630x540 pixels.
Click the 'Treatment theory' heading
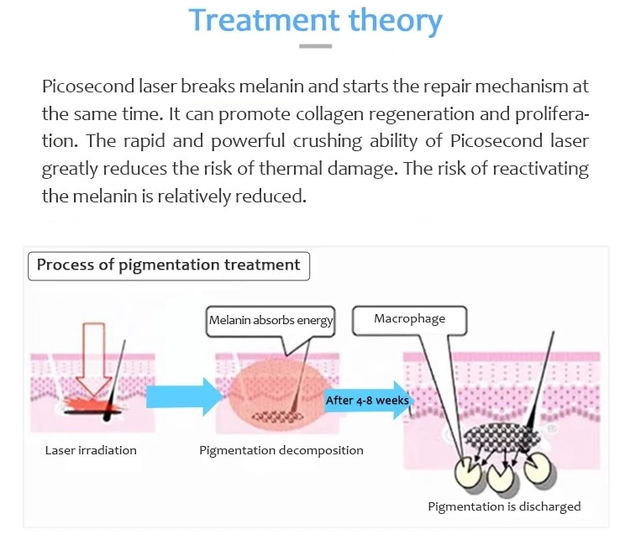(315, 20)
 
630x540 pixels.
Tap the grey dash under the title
(315, 46)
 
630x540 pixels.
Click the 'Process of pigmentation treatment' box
(169, 266)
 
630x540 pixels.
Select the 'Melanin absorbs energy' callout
(270, 321)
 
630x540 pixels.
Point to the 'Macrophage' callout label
(409, 320)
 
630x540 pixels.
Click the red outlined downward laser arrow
(93, 359)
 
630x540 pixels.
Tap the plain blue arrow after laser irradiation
(185, 396)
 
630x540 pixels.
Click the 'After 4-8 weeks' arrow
(368, 401)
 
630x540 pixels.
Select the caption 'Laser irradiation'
(91, 450)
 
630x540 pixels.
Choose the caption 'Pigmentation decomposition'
(281, 450)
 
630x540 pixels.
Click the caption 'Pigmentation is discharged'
(504, 506)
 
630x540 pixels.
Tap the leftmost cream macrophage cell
(466, 472)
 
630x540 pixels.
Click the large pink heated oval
(277, 393)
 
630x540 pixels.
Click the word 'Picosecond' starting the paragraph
(88, 87)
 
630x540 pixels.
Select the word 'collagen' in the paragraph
(330, 114)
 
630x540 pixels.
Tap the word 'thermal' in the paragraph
(291, 168)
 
